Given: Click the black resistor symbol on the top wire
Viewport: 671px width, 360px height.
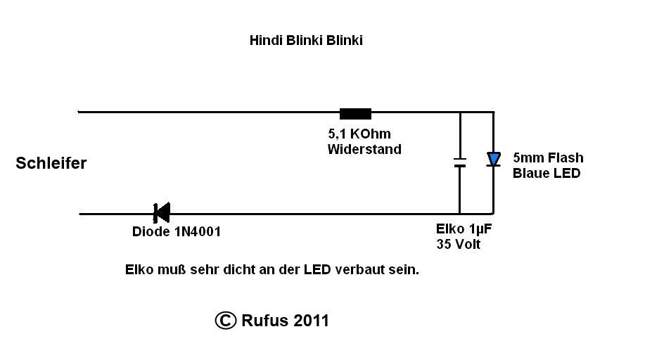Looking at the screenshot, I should (x=355, y=114).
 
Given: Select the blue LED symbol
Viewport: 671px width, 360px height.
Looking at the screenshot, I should (x=494, y=160).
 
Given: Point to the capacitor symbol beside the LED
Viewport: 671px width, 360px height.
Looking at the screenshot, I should (x=459, y=162).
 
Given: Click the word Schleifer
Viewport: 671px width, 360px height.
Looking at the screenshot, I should (x=51, y=163).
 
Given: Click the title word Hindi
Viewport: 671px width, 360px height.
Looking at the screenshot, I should (x=266, y=40).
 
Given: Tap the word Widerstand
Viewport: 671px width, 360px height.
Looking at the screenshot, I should (x=364, y=149).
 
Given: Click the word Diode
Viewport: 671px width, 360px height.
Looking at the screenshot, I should (x=149, y=231).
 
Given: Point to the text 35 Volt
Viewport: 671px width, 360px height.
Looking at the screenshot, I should (x=459, y=244).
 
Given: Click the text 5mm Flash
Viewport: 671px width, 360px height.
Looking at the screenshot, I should (x=548, y=157).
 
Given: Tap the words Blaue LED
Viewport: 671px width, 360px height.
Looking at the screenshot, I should (x=547, y=173).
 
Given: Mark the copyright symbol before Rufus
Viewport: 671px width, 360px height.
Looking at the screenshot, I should (x=225, y=321).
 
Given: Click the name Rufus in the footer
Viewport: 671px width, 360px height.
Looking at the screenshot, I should (x=265, y=321).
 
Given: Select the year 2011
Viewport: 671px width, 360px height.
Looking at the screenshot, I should (x=312, y=321).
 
